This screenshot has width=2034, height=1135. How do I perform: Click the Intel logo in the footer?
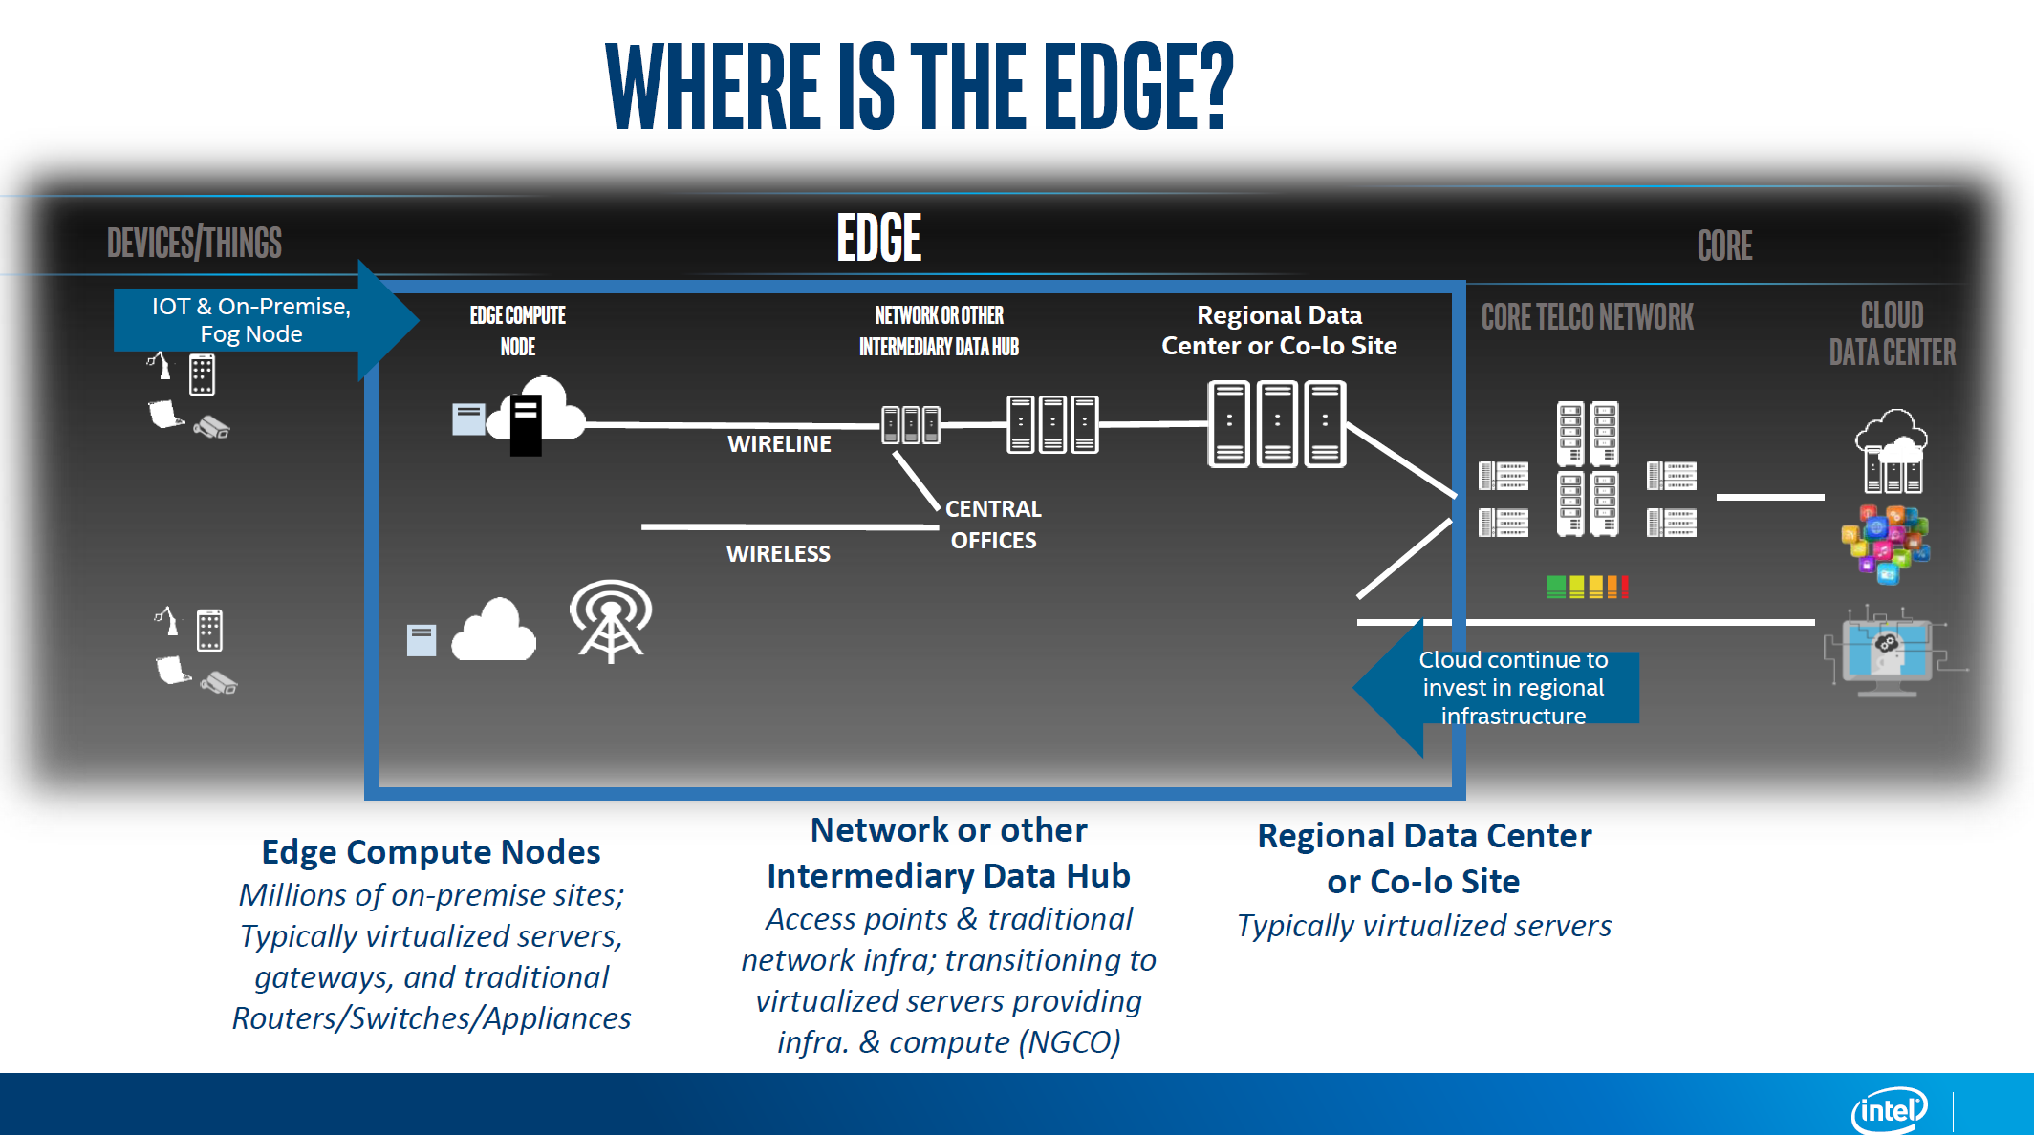[x=1890, y=1109]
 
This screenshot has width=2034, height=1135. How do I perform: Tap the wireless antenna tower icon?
[x=611, y=621]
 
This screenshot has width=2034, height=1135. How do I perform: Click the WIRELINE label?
[x=779, y=443]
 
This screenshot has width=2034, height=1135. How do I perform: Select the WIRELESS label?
[x=778, y=553]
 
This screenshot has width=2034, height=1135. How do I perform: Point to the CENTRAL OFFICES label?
[x=993, y=525]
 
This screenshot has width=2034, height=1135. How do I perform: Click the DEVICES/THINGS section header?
[x=194, y=243]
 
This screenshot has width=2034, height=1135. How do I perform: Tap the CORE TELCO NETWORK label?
[x=1587, y=316]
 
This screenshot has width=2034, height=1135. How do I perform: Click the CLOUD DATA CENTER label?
[x=1893, y=333]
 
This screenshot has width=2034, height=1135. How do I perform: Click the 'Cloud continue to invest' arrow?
[x=1496, y=688]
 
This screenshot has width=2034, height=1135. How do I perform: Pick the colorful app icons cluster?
[x=1886, y=543]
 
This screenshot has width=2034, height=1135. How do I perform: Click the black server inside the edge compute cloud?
[x=526, y=425]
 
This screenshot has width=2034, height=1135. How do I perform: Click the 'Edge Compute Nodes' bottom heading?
[x=431, y=851]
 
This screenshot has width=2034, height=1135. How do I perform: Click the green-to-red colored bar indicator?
[x=1587, y=587]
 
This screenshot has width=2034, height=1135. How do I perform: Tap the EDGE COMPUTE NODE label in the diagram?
[x=518, y=331]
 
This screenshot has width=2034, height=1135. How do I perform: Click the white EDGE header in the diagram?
[x=879, y=238]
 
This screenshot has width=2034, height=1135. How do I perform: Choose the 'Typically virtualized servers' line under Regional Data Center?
[x=1424, y=926]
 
